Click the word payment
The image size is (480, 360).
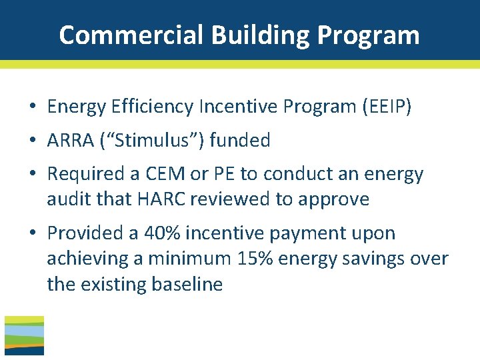point(308,233)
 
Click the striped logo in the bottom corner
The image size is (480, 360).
point(24,335)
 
